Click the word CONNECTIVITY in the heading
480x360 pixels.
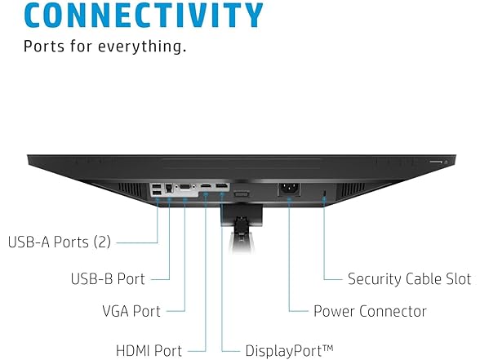tap(143, 14)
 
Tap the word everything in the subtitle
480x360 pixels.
tap(144, 46)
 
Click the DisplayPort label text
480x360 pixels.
tap(282, 351)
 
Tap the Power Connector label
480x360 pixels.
tap(370, 311)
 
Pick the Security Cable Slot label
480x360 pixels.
tap(409, 278)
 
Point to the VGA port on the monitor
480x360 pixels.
tap(185, 188)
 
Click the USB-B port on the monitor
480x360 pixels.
tap(169, 189)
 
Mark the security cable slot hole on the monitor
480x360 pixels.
tap(325, 193)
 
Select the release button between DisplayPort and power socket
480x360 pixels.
tap(241, 194)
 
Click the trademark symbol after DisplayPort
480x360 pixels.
tap(327, 348)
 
